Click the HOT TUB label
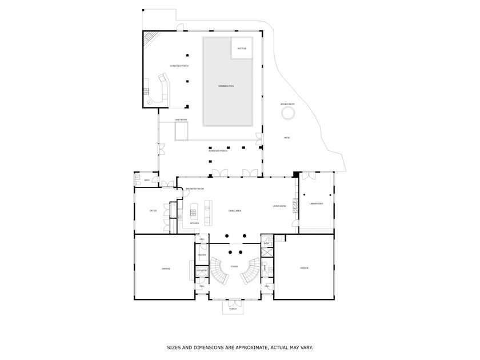point(242,49)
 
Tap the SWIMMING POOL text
point(226,86)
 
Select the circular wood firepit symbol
point(287,113)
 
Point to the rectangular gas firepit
point(182,132)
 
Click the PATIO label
point(287,138)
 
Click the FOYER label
point(234,266)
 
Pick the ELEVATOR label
point(202,270)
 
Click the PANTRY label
point(202,254)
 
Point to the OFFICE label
point(153,211)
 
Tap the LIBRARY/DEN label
point(317,203)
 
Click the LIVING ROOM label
point(279,206)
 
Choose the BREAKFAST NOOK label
point(194,189)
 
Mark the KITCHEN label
point(194,223)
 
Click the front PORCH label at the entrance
point(233,309)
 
